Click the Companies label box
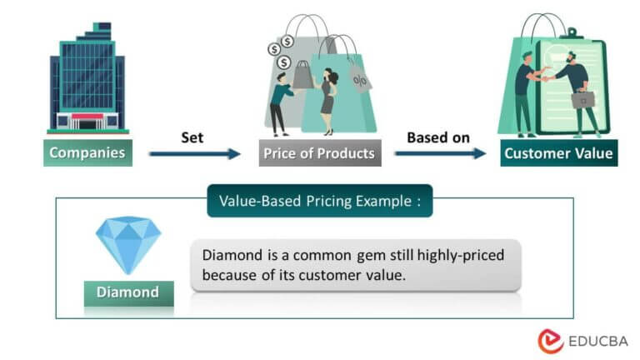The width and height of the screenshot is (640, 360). (x=87, y=152)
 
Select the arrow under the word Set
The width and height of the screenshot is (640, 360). (x=193, y=153)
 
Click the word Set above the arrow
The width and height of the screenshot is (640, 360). (x=192, y=136)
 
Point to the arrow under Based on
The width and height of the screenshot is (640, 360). (x=439, y=153)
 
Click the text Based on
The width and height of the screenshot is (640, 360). (x=438, y=136)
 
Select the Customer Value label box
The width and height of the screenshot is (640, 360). (x=559, y=153)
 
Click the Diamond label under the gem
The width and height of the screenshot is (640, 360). (x=128, y=292)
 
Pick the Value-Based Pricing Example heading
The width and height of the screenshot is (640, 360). (x=319, y=201)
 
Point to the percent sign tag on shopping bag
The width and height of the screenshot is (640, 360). (x=361, y=81)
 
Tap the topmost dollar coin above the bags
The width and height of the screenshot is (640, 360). (x=287, y=40)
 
